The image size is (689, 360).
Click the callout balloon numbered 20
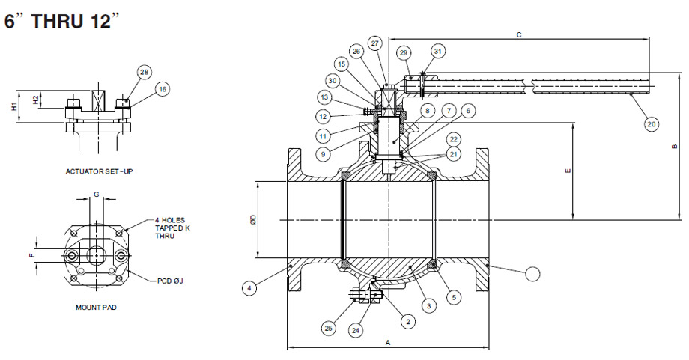651,123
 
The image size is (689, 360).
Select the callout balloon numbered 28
144,72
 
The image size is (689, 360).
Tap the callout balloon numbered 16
162,89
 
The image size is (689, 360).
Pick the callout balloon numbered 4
249,286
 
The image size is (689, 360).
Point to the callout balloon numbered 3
428,305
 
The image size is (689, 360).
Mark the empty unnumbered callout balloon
532,274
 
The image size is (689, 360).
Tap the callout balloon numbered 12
324,116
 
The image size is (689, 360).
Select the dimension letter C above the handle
519,34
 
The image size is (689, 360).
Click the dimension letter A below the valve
387,341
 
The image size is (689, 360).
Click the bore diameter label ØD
252,219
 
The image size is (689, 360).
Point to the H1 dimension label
13,106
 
